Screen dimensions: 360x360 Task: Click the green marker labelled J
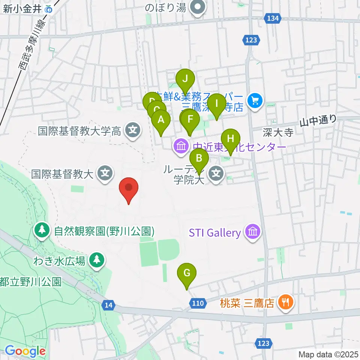185,79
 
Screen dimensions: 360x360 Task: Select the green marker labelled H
231,139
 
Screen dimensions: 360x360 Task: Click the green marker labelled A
161,120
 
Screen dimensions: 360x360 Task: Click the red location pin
129,187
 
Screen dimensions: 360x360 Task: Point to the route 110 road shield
198,303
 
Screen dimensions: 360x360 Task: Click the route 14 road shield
109,306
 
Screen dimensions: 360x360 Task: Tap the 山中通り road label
318,120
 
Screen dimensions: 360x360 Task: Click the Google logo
25,351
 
